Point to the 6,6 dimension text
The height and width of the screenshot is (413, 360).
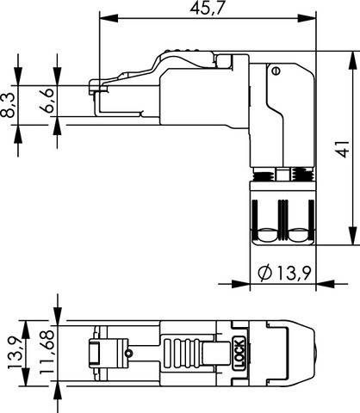[x=50, y=101]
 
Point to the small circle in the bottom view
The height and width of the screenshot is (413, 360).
[x=128, y=353]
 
